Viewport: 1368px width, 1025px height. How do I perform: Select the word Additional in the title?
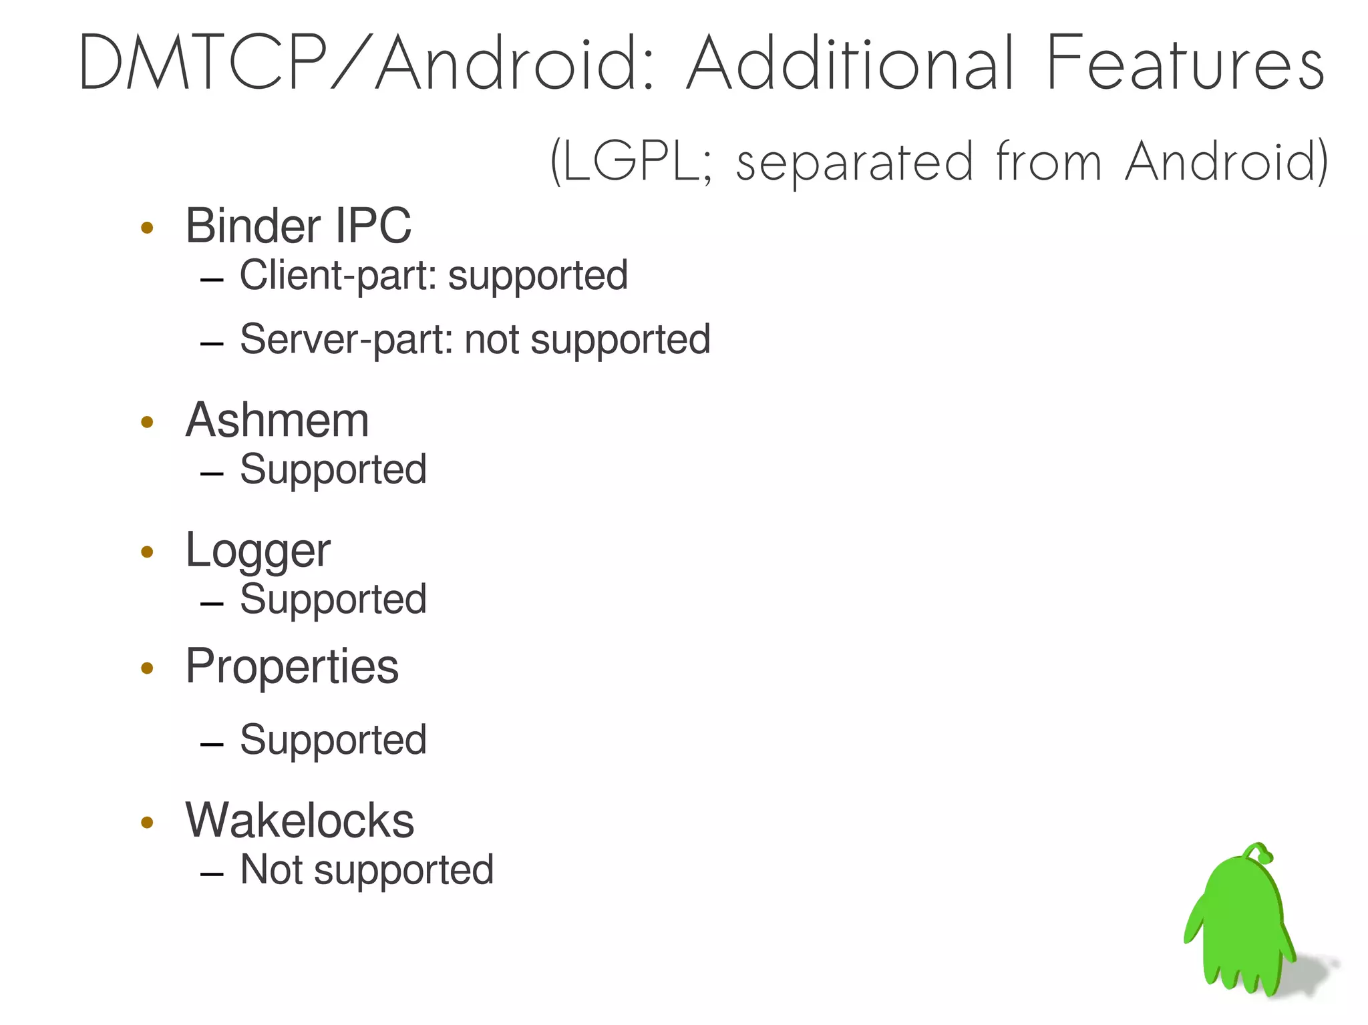850,63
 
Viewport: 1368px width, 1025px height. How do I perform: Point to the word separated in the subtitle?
854,163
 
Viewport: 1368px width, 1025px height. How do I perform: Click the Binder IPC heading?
298,226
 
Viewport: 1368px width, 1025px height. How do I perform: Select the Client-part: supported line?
434,276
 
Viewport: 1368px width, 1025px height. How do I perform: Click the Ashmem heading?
277,421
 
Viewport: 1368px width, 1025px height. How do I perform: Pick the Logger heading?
258,551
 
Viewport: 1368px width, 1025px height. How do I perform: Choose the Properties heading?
292,666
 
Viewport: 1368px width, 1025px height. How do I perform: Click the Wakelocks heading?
299,820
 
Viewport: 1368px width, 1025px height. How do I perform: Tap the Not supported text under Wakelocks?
367,870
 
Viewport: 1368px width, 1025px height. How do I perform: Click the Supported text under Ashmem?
333,469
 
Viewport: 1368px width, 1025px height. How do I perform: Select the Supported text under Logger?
333,599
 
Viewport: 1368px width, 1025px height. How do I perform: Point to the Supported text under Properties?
333,740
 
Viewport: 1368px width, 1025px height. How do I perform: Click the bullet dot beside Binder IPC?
148,228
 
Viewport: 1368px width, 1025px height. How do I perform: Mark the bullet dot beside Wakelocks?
148,822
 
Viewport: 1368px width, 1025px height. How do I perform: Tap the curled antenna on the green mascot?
1261,853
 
